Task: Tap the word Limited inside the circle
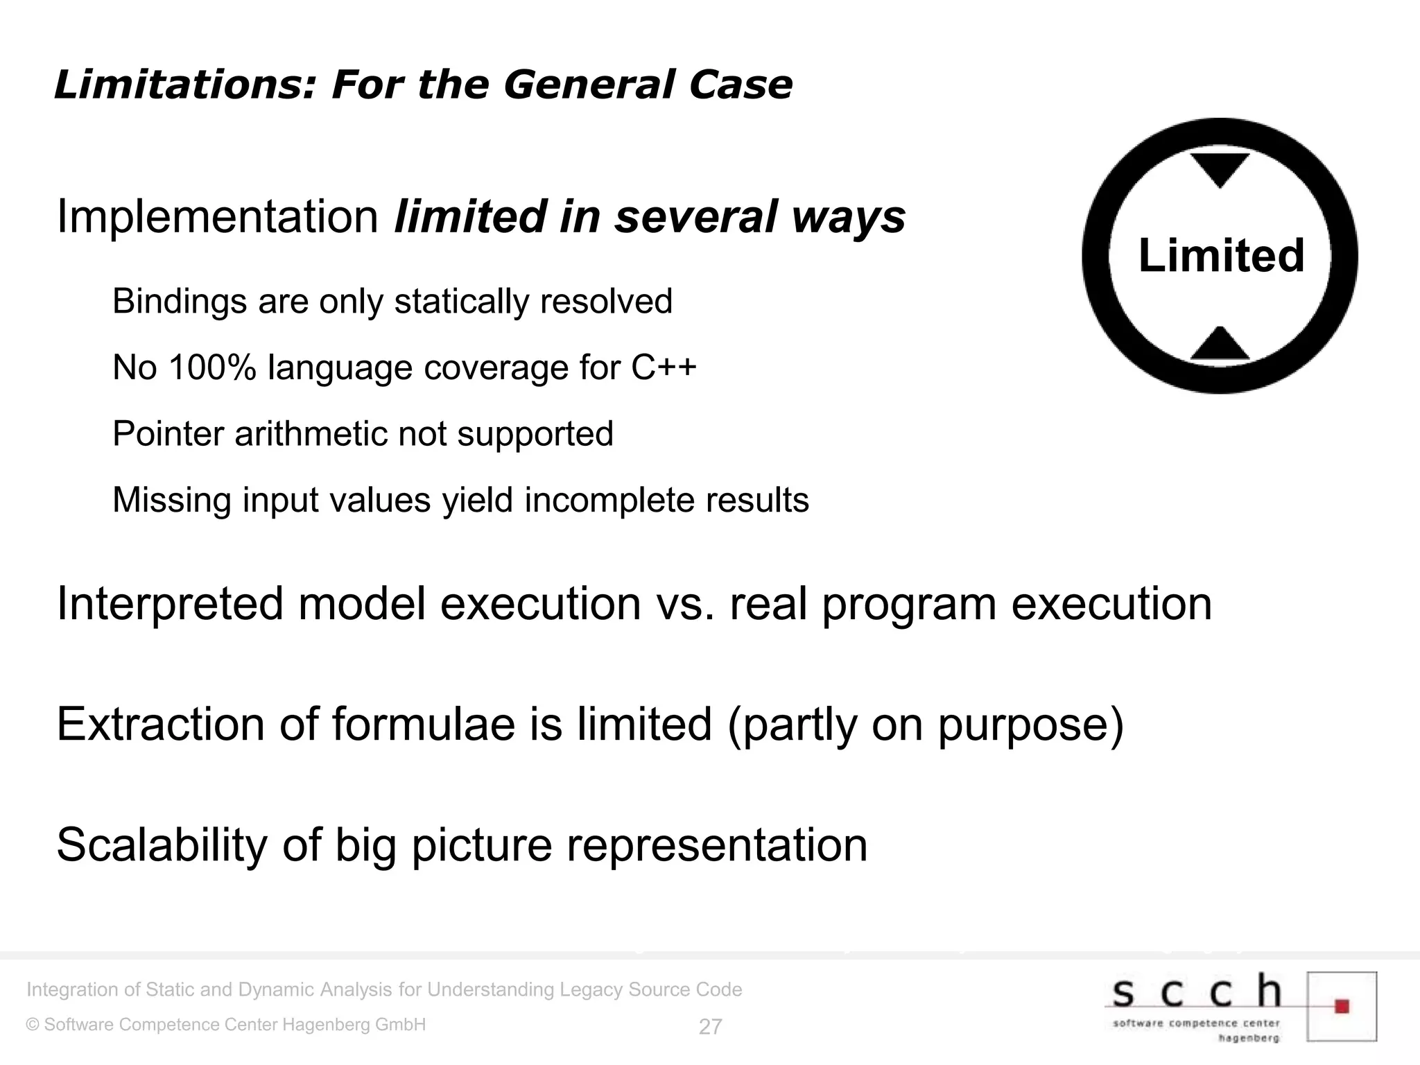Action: coord(1221,255)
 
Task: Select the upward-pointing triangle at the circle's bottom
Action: coord(1220,344)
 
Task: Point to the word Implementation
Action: coord(217,217)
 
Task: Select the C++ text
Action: coord(664,367)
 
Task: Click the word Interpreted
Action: coord(170,604)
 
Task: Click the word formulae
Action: coord(423,725)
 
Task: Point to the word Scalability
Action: coord(162,845)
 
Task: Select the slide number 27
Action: coord(710,1027)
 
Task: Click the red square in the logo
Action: coord(1342,1006)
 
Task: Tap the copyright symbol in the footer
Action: coord(33,1025)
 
